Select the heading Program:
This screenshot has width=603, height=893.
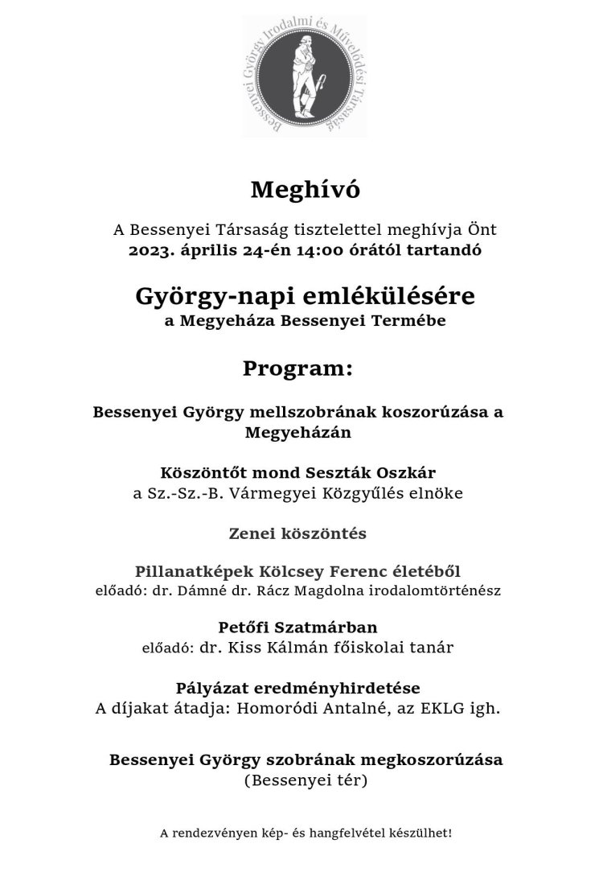coord(297,369)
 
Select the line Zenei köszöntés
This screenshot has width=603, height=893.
coord(298,533)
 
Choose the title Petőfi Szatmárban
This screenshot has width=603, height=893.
coord(298,628)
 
